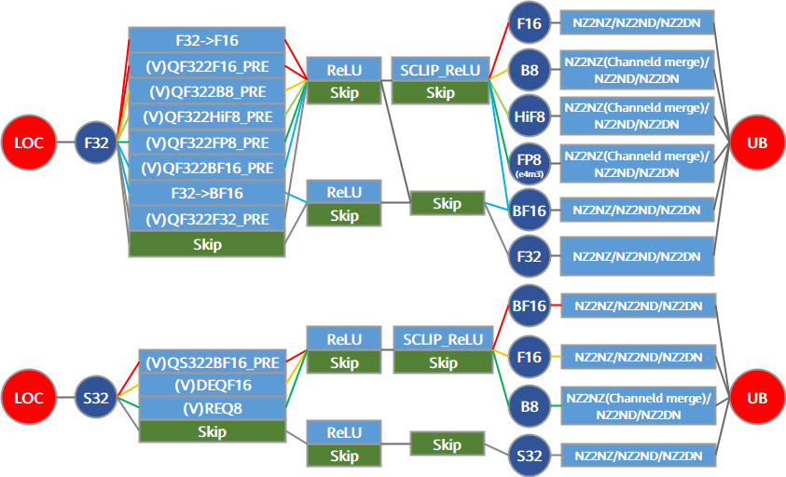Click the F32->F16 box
click(x=207, y=40)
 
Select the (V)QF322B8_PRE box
click(x=207, y=91)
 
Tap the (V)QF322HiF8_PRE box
click(x=207, y=116)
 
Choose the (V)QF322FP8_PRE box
click(x=207, y=143)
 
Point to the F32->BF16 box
click(x=207, y=194)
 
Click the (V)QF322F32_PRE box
click(x=207, y=219)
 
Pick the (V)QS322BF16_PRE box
click(x=213, y=362)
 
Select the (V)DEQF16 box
click(x=213, y=386)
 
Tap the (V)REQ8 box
click(x=213, y=408)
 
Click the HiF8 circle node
click(x=530, y=116)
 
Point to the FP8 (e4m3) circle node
click(x=530, y=163)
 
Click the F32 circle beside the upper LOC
click(x=96, y=143)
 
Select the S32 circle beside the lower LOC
click(x=96, y=398)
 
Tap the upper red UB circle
click(x=757, y=143)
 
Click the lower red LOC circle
click(x=29, y=397)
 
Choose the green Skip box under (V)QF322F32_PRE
click(x=207, y=244)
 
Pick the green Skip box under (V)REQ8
click(x=213, y=431)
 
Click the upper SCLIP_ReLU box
click(x=440, y=70)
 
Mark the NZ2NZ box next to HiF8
click(x=637, y=116)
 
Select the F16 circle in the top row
click(x=530, y=23)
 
